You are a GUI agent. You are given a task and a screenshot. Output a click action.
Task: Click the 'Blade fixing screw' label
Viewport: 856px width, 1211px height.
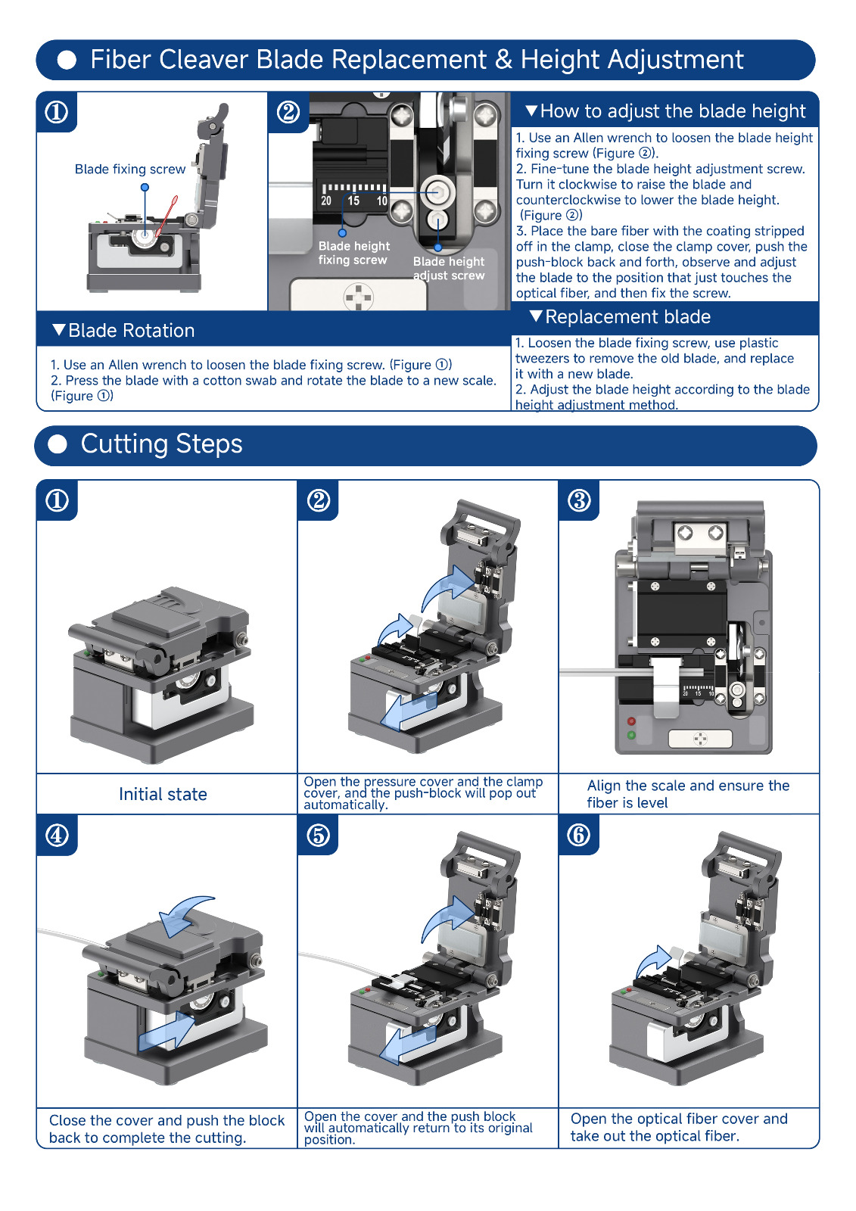[130, 170]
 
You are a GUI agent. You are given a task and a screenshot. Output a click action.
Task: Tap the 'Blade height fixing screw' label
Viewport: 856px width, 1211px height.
[353, 253]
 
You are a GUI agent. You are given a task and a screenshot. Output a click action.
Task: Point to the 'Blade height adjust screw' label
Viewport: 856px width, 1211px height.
[449, 268]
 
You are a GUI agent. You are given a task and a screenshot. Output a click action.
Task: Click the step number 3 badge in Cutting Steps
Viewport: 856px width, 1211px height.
[579, 500]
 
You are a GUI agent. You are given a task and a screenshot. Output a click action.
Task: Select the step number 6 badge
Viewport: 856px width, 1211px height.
[579, 836]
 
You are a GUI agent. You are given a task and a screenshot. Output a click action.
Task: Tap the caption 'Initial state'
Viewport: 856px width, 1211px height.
[163, 794]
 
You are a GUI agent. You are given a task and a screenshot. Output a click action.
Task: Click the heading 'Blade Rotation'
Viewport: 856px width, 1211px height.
[131, 331]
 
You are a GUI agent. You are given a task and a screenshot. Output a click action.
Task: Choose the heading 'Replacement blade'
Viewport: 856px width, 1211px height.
[627, 317]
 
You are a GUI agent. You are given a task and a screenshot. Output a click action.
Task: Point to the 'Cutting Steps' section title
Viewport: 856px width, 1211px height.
[161, 444]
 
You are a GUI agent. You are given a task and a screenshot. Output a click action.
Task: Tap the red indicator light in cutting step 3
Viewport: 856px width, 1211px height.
[631, 722]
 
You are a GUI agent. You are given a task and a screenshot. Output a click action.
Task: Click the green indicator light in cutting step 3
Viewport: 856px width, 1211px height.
[631, 735]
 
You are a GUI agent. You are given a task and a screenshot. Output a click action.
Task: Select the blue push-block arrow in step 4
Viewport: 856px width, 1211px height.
[167, 1031]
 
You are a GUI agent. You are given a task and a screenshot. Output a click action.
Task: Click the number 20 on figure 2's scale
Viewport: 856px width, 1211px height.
[326, 201]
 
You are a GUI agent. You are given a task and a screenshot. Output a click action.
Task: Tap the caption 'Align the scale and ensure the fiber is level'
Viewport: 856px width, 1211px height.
[688, 794]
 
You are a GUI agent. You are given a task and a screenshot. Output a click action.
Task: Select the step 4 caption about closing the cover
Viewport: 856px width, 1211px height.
[167, 1129]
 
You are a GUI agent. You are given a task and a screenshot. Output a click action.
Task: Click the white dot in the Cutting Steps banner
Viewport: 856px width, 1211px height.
[58, 444]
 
